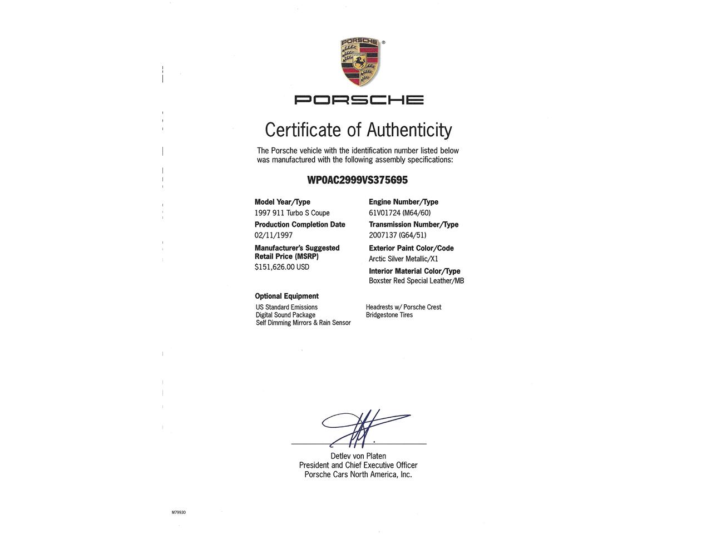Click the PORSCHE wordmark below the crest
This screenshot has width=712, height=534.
(359, 100)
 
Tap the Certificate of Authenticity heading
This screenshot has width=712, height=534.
(358, 130)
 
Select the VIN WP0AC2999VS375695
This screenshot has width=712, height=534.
(357, 180)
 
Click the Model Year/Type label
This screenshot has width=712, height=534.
(283, 202)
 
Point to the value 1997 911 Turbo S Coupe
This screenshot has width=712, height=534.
(292, 213)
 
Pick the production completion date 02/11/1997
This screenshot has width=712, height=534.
(274, 235)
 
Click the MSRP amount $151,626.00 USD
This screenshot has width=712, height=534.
(282, 267)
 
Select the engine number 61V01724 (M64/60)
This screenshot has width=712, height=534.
(399, 213)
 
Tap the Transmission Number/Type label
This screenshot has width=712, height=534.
(413, 225)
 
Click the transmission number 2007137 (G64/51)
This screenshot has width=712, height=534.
(397, 235)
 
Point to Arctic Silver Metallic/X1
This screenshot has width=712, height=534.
(403, 259)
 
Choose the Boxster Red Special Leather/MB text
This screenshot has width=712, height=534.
(416, 281)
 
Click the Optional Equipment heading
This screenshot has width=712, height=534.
(286, 296)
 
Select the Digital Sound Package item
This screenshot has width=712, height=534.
(285, 315)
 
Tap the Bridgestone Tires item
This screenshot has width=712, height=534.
(389, 315)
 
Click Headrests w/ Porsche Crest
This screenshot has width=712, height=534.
(403, 307)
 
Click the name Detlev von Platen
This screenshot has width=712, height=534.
(358, 456)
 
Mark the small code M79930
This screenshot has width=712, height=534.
(179, 512)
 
